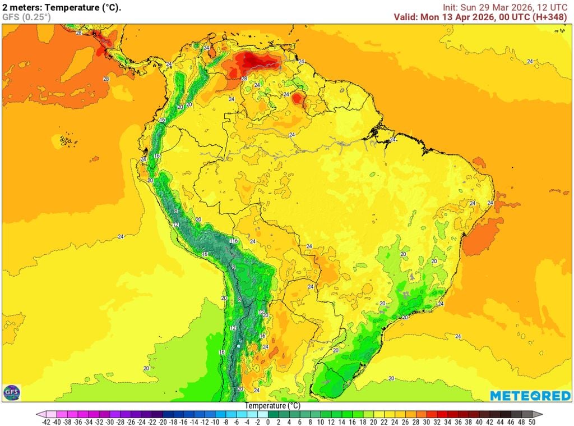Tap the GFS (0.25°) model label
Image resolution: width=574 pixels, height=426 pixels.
[x=26, y=17]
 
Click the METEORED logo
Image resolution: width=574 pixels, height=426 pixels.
[x=530, y=396]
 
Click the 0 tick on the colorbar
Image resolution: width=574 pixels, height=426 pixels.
[x=267, y=422]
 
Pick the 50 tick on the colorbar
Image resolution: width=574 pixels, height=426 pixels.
[x=531, y=422]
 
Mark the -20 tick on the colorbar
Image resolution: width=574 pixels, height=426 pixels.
[x=163, y=422]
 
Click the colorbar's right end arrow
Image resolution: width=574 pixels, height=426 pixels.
[x=540, y=415]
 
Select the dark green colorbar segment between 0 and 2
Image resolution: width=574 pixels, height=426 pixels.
[x=273, y=415]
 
